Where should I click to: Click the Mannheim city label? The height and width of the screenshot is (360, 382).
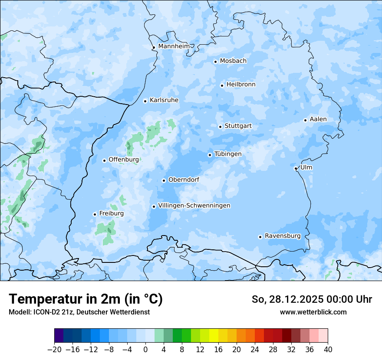coord(174,46)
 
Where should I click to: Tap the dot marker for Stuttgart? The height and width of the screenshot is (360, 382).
coord(220,127)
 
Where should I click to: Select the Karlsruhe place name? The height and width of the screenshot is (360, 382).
coord(164,100)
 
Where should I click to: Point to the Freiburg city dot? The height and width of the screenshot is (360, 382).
coord(95,214)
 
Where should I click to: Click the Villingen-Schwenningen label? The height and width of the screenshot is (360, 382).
coord(194,206)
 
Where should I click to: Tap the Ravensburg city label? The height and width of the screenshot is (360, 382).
coord(283,236)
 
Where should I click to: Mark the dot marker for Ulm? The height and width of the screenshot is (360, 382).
coord(296,168)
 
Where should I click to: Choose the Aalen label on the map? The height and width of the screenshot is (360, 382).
coord(318,119)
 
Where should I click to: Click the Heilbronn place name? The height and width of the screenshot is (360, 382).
coord(241,85)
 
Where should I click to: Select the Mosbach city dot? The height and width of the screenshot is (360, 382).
coord(215,62)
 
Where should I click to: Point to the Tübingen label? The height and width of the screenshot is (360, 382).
coord(228,154)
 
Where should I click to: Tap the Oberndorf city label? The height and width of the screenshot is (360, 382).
coord(184,180)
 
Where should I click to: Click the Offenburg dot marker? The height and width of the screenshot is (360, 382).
coord(104,160)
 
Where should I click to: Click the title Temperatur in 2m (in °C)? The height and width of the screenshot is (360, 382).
coord(86,299)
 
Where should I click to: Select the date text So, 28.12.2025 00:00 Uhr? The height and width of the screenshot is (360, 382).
coord(312,300)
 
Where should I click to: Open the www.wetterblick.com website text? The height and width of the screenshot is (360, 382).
coord(313,312)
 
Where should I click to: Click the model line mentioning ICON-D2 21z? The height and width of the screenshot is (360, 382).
coord(79,312)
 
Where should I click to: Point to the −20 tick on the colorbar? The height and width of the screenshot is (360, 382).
coord(54,350)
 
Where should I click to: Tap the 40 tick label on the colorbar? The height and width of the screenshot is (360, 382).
coord(328,350)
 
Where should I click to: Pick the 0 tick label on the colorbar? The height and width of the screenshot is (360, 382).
coord(145,350)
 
